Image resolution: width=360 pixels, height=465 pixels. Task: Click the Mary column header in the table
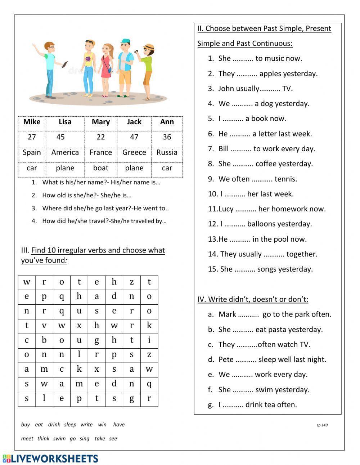(x=100, y=122)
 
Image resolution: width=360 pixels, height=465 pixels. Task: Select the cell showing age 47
(x=134, y=137)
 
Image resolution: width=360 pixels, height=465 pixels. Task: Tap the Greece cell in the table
(x=134, y=152)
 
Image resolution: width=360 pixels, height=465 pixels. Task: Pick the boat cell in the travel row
(x=100, y=168)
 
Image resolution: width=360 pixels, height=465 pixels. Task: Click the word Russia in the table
(x=167, y=152)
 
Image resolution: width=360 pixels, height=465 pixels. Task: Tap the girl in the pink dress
(x=106, y=68)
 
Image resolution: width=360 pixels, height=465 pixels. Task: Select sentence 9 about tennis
(x=252, y=179)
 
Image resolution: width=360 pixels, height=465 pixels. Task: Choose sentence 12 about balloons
(x=260, y=224)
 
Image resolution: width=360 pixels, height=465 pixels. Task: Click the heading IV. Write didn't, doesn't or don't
(x=252, y=299)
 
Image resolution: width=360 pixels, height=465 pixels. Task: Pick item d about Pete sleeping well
(x=267, y=359)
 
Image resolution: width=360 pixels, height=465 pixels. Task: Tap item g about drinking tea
(x=252, y=405)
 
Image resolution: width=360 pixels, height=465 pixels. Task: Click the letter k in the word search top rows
(x=149, y=326)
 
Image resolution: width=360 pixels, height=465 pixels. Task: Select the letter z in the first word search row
(x=131, y=282)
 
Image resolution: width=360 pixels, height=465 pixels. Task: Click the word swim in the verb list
(x=59, y=439)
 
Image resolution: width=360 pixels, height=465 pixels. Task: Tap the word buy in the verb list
(x=25, y=425)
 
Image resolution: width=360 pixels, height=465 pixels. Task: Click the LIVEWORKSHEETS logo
(x=50, y=459)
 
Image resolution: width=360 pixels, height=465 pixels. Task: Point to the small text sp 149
(x=322, y=425)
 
